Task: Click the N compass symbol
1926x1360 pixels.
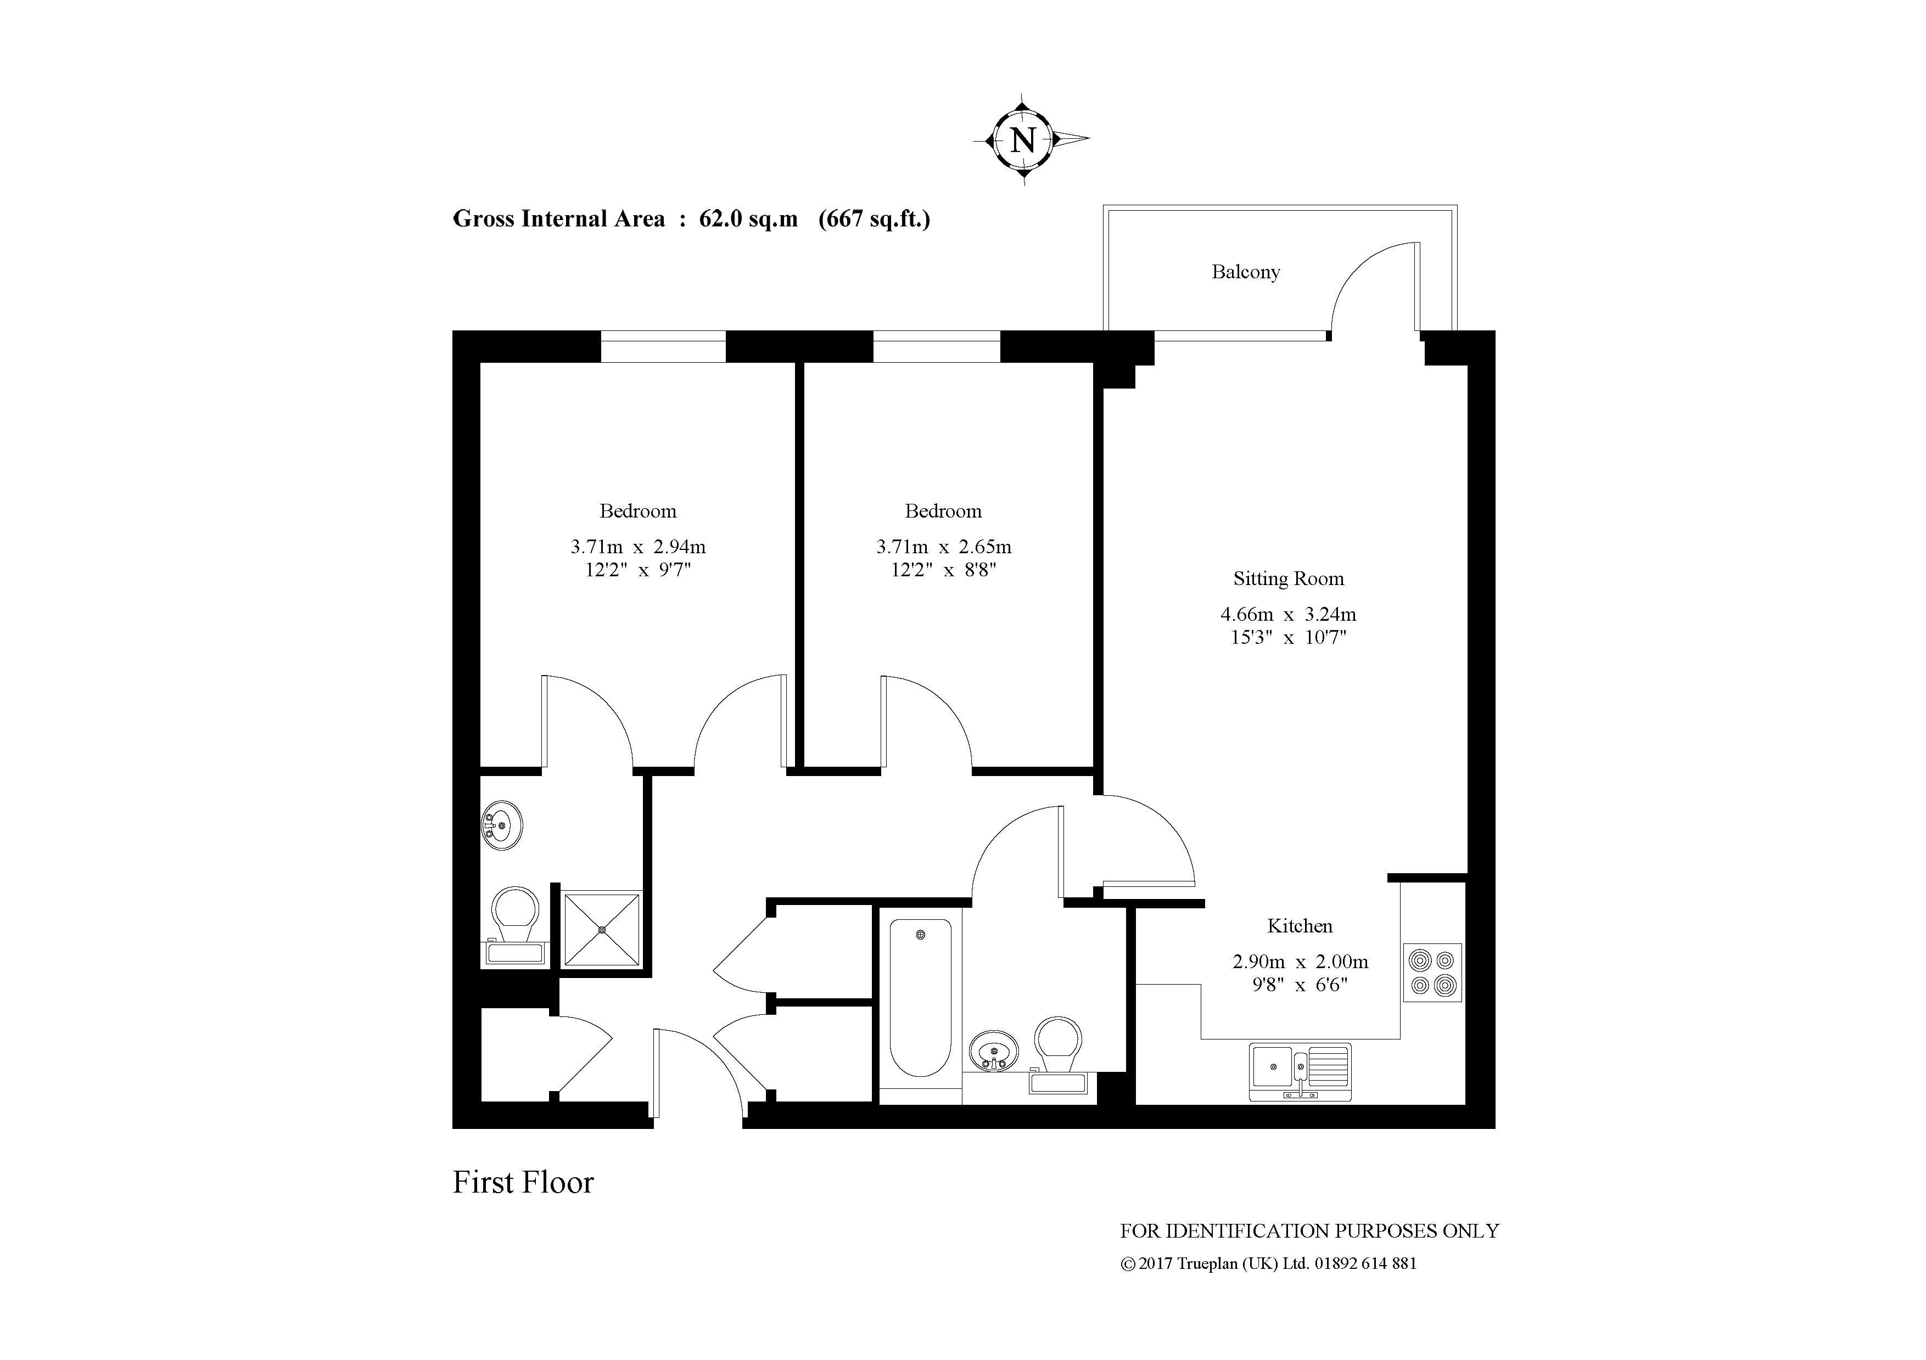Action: tap(1022, 139)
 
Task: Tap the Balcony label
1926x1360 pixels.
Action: tap(1245, 272)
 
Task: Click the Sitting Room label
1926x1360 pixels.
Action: tap(1287, 578)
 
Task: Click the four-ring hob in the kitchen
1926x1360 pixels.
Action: tap(1432, 972)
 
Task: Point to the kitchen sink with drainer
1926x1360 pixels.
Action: tap(1300, 1071)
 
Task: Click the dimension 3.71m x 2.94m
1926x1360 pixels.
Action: tap(637, 547)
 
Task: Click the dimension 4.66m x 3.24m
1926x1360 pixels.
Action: tap(1287, 614)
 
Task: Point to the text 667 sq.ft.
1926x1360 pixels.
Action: tap(874, 219)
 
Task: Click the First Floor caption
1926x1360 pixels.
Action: tap(523, 1182)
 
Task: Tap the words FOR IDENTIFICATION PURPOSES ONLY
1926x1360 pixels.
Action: tap(1308, 1231)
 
